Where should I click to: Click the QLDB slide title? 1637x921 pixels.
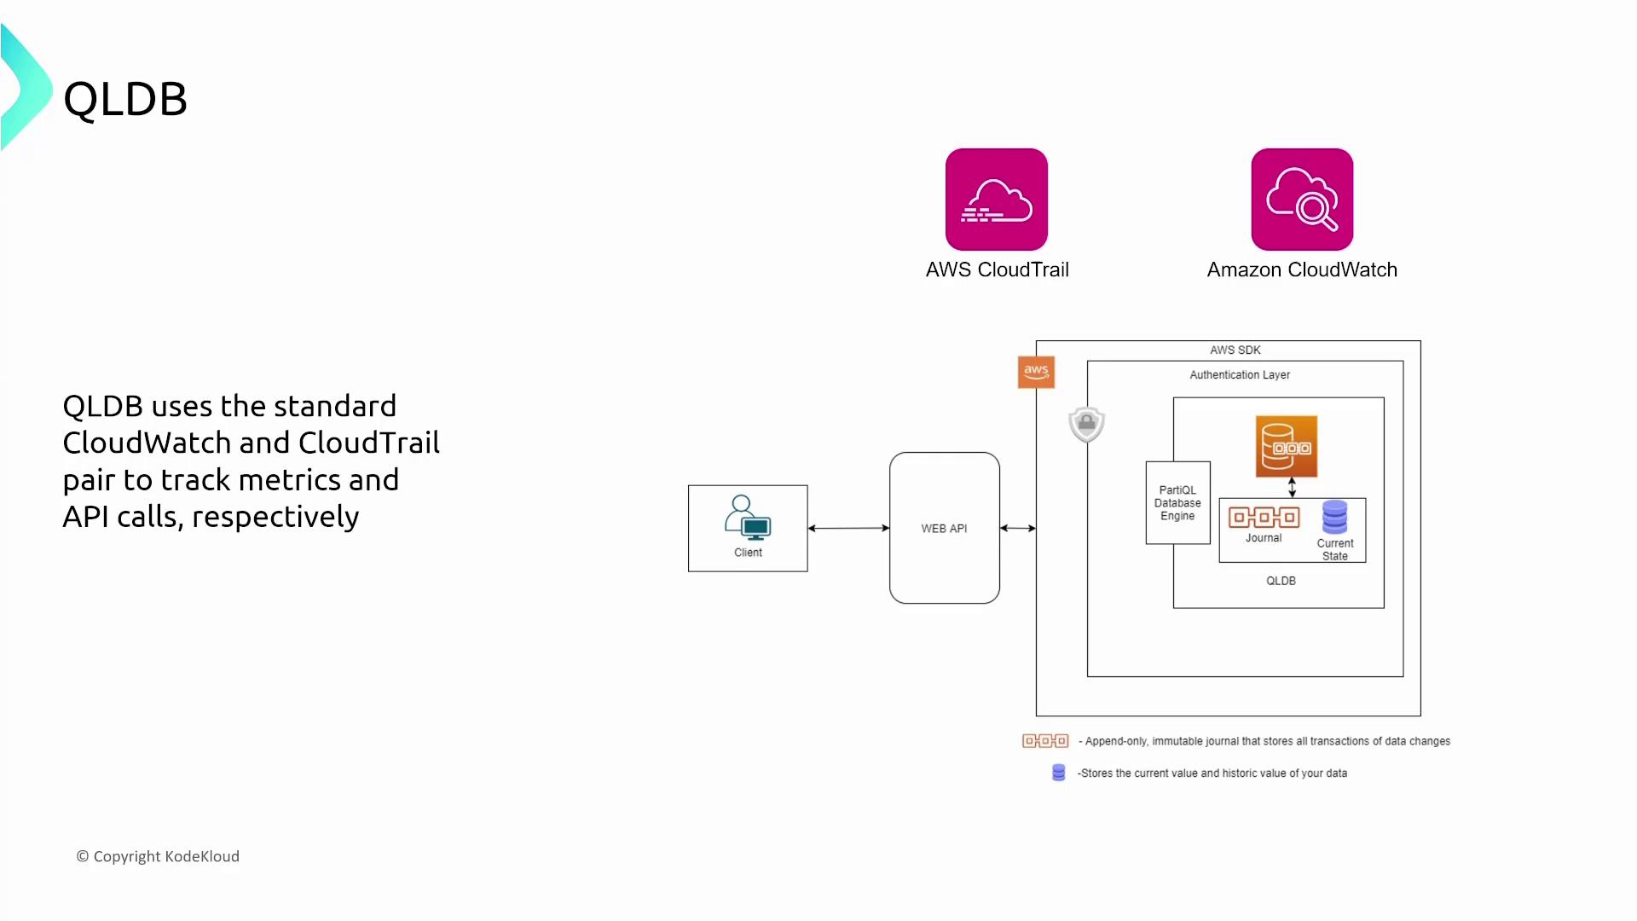coord(125,99)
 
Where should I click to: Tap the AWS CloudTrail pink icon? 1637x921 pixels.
coord(996,200)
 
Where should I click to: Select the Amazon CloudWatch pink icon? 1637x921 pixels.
coord(1302,200)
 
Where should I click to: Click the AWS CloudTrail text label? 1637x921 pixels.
coord(997,269)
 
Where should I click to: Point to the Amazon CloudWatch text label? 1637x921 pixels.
coord(1302,269)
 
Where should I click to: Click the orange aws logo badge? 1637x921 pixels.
coord(1036,372)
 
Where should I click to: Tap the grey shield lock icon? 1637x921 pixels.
coord(1086,424)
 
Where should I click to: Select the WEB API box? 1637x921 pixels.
coord(944,528)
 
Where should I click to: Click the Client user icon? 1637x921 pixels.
coord(747,518)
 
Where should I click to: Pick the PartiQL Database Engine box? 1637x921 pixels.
coord(1177,503)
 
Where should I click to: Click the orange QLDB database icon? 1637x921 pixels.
coord(1286,446)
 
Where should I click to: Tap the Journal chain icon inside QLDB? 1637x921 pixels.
coord(1264,517)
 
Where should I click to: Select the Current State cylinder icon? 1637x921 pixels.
coord(1334,517)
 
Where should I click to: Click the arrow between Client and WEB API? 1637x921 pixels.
coord(848,528)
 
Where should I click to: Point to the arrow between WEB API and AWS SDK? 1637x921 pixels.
coord(1018,528)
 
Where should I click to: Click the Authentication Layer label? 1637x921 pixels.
coord(1239,374)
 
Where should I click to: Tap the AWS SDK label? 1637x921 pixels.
coord(1235,350)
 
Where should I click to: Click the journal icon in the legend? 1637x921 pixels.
coord(1045,741)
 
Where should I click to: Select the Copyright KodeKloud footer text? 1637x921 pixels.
coord(158,856)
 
